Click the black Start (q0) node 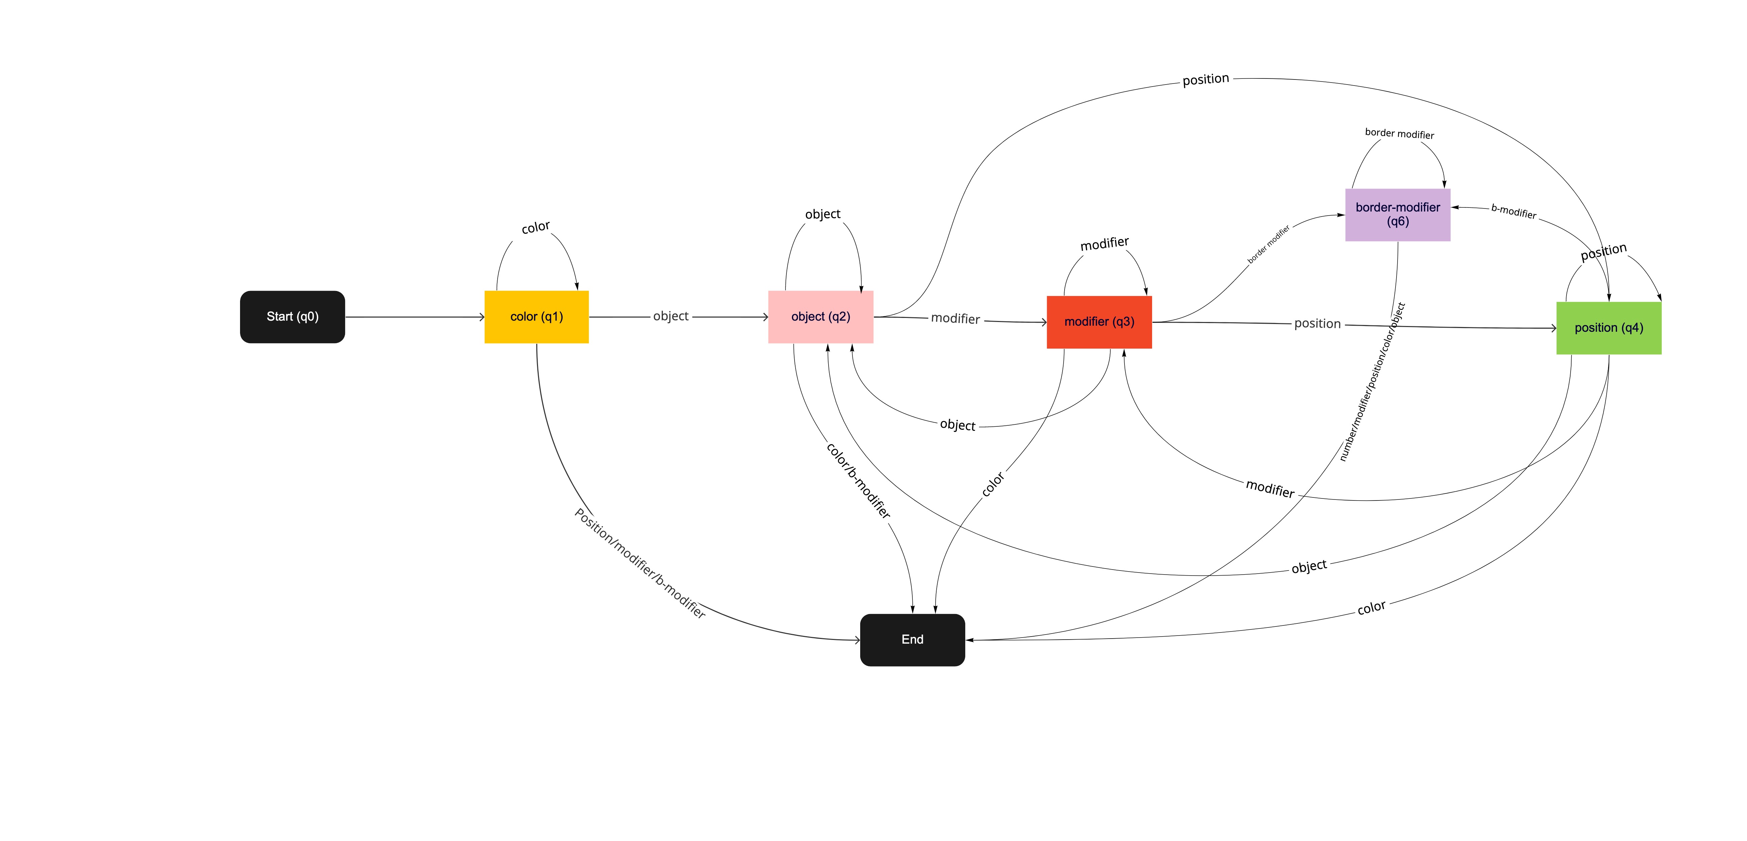[292, 317]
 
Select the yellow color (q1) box [536, 317]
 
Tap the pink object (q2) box [820, 317]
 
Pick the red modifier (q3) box [1099, 322]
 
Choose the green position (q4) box [1609, 328]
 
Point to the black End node [912, 640]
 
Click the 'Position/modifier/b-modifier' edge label [640, 563]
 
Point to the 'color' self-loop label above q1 [535, 227]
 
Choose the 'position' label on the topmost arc [1205, 79]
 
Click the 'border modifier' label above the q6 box [1399, 134]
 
